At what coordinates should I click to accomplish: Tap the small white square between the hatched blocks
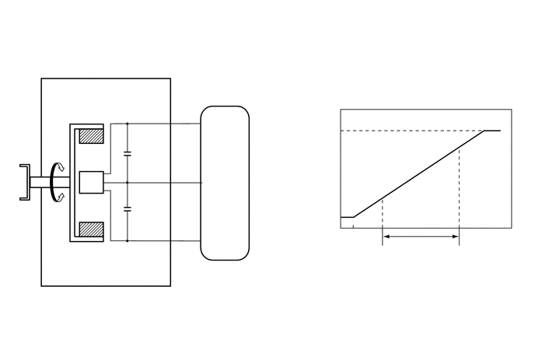point(92,183)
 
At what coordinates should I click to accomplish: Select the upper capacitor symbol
point(128,152)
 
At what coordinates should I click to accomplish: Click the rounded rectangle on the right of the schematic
point(225,183)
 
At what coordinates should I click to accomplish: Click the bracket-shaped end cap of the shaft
point(25,183)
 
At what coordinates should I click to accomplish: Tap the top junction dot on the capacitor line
point(128,124)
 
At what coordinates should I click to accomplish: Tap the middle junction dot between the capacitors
point(128,183)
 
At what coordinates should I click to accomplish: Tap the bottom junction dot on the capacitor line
point(128,242)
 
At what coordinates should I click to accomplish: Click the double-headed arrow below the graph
point(420,237)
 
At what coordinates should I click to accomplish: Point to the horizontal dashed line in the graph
point(412,131)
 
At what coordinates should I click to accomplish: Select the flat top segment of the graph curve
point(492,131)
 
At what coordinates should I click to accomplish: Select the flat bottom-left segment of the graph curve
point(348,218)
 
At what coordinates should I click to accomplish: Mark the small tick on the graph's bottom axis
point(353,226)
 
